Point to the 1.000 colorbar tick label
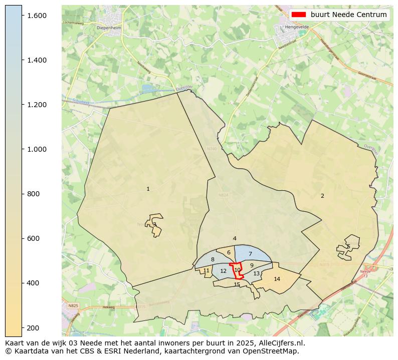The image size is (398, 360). click(37, 149)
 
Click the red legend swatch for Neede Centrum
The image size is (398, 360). click(299, 15)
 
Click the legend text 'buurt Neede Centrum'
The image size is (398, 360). click(348, 15)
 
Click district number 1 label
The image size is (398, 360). click(148, 189)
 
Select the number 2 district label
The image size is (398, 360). click(322, 196)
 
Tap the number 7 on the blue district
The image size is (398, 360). click(250, 254)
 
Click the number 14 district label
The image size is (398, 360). click(277, 279)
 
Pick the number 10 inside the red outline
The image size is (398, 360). click(238, 270)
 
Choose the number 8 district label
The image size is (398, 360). click(213, 259)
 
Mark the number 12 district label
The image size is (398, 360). click(224, 271)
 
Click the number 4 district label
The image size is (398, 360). click(235, 239)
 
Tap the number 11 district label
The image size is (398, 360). click(207, 270)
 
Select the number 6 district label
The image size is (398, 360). click(229, 252)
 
